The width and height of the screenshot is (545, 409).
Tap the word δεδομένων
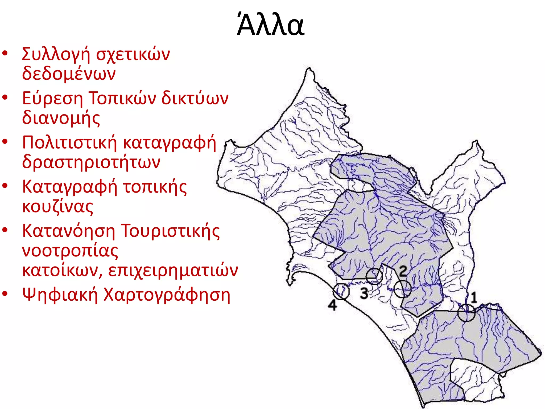click(x=69, y=73)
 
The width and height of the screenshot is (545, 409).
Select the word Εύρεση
click(x=52, y=99)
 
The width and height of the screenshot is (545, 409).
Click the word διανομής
click(x=61, y=118)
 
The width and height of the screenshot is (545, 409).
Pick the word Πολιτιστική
click(x=69, y=142)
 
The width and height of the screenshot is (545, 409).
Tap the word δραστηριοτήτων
click(x=91, y=162)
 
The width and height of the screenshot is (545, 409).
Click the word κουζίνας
click(x=57, y=207)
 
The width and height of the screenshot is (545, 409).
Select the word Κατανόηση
click(x=69, y=231)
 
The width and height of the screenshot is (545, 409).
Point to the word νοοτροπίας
click(x=70, y=251)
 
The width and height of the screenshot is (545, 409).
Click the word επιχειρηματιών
click(x=173, y=271)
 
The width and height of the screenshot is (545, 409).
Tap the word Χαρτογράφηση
click(x=167, y=295)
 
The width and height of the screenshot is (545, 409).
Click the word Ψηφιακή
click(x=60, y=295)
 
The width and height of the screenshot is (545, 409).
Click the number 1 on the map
click(x=473, y=297)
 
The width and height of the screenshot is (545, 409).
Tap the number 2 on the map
click(x=403, y=271)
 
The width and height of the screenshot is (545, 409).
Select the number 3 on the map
click(x=364, y=293)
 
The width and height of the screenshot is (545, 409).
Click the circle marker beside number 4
click(x=341, y=291)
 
